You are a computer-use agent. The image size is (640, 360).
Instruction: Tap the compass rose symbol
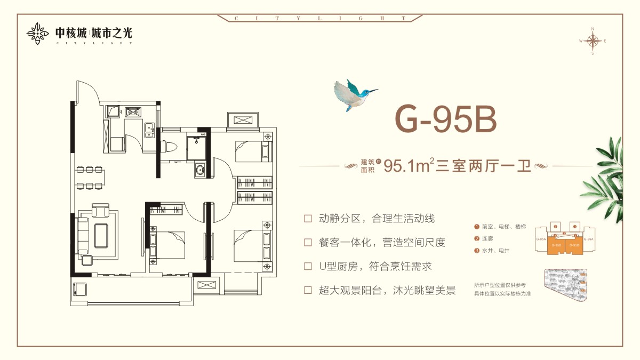(592, 41)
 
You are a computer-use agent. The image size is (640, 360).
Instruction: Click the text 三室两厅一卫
(484, 166)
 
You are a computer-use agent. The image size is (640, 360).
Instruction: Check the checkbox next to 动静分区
(308, 219)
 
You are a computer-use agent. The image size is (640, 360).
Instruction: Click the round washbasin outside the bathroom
(199, 171)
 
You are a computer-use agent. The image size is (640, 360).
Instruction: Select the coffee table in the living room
(102, 235)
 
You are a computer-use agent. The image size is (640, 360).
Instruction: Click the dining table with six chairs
(91, 178)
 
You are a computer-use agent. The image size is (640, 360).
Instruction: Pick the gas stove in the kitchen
(132, 112)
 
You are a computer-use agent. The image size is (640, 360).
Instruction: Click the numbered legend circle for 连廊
(476, 238)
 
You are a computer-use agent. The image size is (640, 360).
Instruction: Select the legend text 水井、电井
(492, 250)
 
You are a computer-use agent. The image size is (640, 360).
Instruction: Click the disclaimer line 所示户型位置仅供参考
(500, 285)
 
